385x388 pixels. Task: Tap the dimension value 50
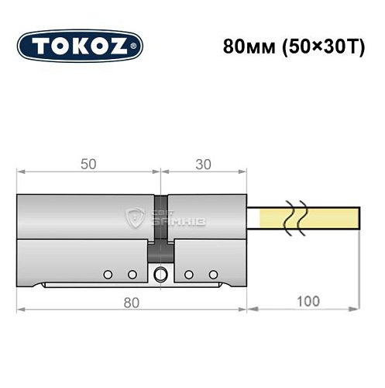click(88, 164)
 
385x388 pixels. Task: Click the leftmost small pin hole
click(108, 274)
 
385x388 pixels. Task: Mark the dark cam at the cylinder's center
click(161, 225)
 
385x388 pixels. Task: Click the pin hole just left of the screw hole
click(132, 274)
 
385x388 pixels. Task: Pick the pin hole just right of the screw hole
click(188, 274)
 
